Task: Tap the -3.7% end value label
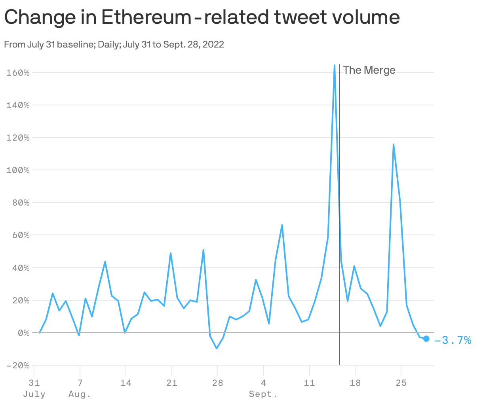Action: click(x=453, y=340)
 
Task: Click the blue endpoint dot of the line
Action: click(x=426, y=338)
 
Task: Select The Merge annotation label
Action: click(x=369, y=70)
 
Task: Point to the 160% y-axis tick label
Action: click(x=18, y=72)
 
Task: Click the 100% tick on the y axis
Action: click(x=18, y=170)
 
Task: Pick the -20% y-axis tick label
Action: click(x=18, y=365)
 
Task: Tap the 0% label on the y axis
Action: click(x=23, y=333)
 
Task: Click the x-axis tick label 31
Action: click(x=34, y=383)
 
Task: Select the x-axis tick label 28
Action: click(x=217, y=383)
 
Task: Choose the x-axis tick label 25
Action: click(x=401, y=383)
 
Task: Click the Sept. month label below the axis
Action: click(x=263, y=394)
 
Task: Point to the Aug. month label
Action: click(x=80, y=394)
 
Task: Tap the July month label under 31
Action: click(x=34, y=394)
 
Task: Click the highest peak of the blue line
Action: click(x=335, y=66)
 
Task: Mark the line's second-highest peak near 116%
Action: click(x=393, y=145)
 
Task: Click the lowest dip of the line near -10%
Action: click(x=217, y=348)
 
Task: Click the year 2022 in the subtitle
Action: click(x=214, y=44)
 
